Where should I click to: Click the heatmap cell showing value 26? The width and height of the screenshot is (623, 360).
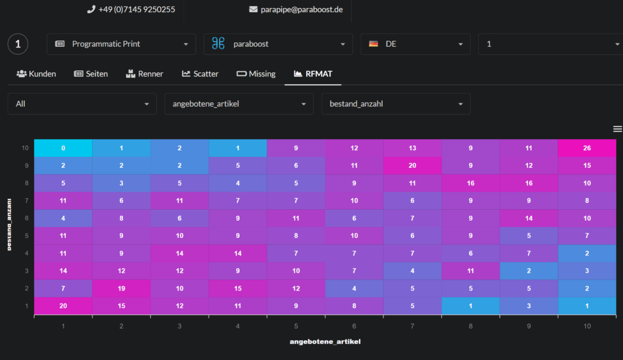(x=587, y=148)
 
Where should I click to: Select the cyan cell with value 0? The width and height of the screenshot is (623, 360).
(x=63, y=148)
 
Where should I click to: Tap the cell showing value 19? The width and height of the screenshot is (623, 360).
(x=121, y=288)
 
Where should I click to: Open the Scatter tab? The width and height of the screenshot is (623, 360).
(x=200, y=74)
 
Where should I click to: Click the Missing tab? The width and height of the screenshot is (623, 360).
(x=256, y=74)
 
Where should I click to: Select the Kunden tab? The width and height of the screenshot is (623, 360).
(x=36, y=74)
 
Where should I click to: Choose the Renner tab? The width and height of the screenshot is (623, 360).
(x=145, y=74)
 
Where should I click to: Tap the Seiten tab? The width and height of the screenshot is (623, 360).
(x=91, y=74)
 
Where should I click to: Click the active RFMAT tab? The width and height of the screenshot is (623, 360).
(x=313, y=74)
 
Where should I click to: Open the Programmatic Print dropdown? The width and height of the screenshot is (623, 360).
(x=121, y=44)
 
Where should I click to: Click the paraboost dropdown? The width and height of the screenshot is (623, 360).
(x=278, y=44)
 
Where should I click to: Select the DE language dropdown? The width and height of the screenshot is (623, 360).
(x=415, y=44)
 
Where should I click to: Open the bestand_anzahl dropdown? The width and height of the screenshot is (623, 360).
(x=395, y=104)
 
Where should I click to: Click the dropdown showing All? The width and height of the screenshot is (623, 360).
(x=82, y=104)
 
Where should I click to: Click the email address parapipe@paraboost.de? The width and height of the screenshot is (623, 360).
(x=302, y=10)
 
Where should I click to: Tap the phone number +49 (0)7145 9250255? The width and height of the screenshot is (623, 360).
(x=137, y=10)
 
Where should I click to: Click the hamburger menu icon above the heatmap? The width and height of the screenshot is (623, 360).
(x=618, y=129)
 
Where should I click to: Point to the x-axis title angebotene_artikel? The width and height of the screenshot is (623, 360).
(x=325, y=342)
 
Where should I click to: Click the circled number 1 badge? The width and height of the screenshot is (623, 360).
(x=18, y=44)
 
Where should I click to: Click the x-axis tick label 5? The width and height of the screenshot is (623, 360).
(x=296, y=326)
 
